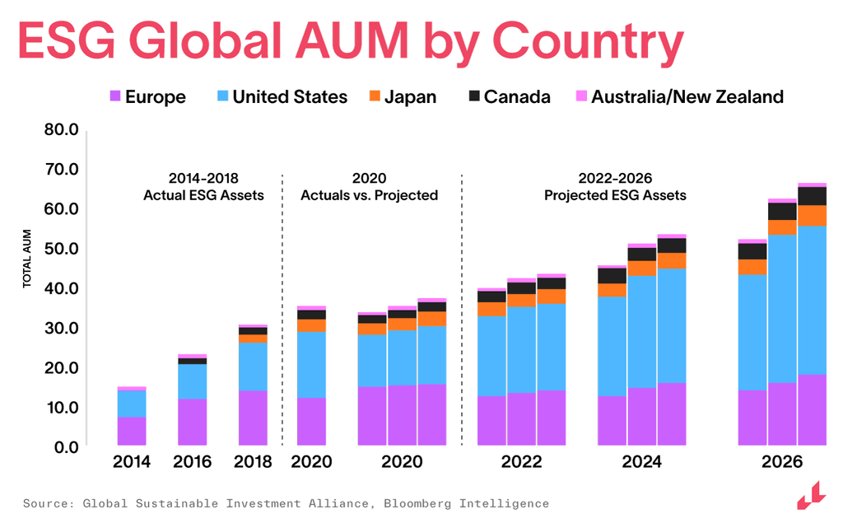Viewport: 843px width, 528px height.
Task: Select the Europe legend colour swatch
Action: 115,96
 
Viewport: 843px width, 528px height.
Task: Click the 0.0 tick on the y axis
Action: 64,447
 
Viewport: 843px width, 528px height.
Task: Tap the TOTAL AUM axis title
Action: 26,259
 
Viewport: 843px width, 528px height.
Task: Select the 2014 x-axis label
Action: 132,462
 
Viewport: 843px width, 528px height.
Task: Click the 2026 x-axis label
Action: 781,462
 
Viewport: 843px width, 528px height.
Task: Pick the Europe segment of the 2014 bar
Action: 132,432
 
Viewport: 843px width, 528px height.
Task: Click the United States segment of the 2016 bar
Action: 192,381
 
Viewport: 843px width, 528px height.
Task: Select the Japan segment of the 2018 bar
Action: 253,339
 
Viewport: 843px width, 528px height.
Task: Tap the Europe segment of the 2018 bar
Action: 253,418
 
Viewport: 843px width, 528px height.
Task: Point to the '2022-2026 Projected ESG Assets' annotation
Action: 615,187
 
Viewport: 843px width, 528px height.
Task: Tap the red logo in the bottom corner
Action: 810,496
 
